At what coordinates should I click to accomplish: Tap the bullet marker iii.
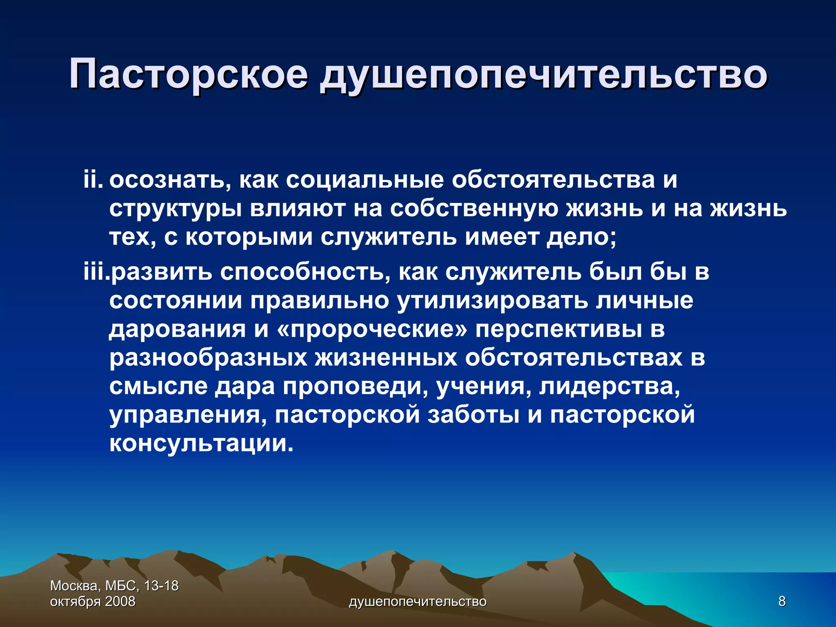[96, 271]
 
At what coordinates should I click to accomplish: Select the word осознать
[170, 180]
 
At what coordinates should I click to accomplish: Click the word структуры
[175, 209]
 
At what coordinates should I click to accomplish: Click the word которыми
[249, 237]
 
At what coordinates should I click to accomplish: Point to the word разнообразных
[208, 358]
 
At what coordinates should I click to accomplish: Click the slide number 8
[782, 601]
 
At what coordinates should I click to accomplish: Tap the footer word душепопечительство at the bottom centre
[418, 601]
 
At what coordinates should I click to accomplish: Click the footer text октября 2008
[93, 601]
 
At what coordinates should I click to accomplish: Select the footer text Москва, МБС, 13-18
[114, 586]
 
